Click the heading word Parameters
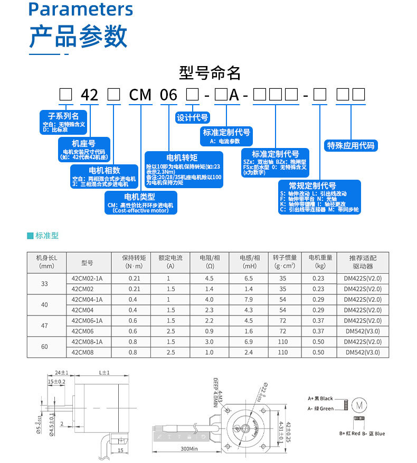click(81, 10)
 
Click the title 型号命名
click(210, 72)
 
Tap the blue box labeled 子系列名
click(63, 116)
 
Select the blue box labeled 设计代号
click(192, 118)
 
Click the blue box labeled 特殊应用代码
click(350, 145)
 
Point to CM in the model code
click(140, 95)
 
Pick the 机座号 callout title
click(83, 143)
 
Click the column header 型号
click(87, 262)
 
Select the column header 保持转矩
click(134, 258)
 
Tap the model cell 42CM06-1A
click(87, 320)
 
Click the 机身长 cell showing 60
click(44, 347)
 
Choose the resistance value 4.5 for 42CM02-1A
click(209, 278)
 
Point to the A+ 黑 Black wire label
click(320, 399)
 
